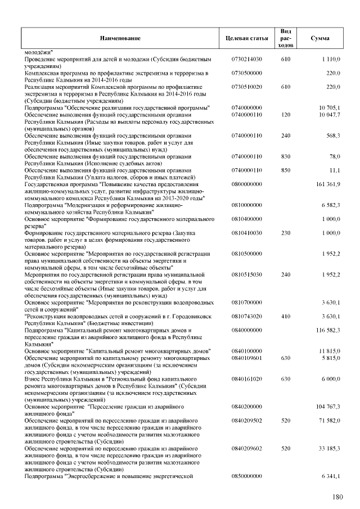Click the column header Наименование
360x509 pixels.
click(x=120, y=38)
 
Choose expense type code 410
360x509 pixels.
click(x=285, y=316)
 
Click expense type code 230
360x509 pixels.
click(x=285, y=232)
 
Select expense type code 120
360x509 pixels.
click(x=285, y=114)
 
